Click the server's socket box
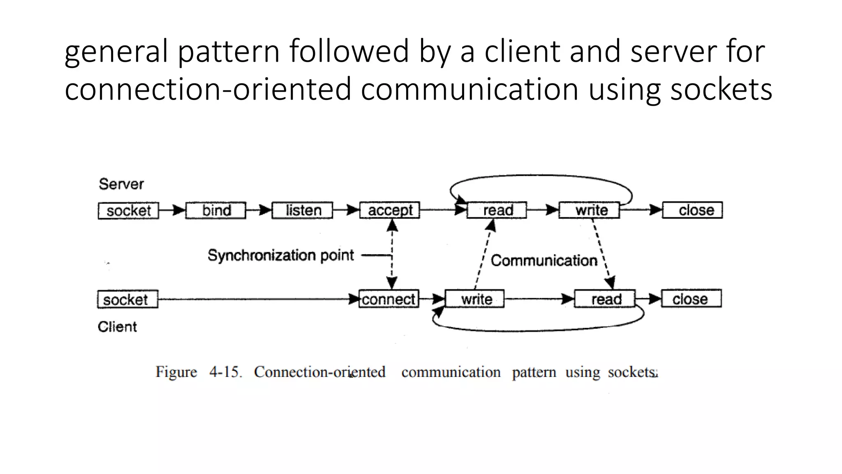pyautogui.click(x=128, y=211)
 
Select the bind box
pyautogui.click(x=216, y=211)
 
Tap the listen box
pyautogui.click(x=303, y=211)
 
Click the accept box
pyautogui.click(x=390, y=210)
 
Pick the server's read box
pyautogui.click(x=497, y=210)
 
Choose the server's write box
pyautogui.click(x=590, y=210)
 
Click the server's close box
pyautogui.click(x=693, y=210)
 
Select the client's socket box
pyautogui.click(x=127, y=300)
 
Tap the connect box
pyautogui.click(x=389, y=299)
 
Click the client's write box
pyautogui.click(x=475, y=299)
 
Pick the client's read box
pyautogui.click(x=605, y=299)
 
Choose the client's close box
pyautogui.click(x=692, y=299)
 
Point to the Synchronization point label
pyautogui.click(x=280, y=256)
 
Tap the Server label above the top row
pyautogui.click(x=121, y=184)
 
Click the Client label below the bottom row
pyautogui.click(x=117, y=327)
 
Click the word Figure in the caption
pyautogui.click(x=176, y=372)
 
